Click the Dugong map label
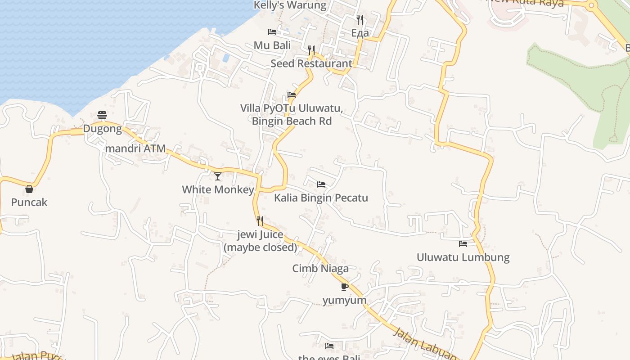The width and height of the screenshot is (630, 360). click(x=102, y=129)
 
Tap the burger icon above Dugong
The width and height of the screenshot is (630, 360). click(x=102, y=116)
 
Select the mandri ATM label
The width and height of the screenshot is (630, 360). click(x=135, y=148)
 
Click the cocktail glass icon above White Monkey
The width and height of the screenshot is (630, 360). click(x=218, y=176)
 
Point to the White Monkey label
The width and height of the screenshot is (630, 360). click(x=218, y=189)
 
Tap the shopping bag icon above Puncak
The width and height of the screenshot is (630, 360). click(x=29, y=189)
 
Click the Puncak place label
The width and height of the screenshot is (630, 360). click(x=29, y=202)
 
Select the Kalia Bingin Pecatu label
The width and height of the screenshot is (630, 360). click(x=321, y=198)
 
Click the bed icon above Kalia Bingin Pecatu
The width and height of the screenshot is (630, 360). click(x=321, y=184)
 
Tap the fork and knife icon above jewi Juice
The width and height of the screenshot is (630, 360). click(x=260, y=221)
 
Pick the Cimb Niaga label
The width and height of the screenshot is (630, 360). click(x=320, y=269)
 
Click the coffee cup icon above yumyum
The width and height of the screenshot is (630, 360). click(x=344, y=287)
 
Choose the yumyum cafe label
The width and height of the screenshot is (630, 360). click(x=344, y=300)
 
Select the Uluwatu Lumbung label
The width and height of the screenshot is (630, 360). click(x=463, y=257)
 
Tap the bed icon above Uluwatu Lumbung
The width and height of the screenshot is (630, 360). click(x=463, y=244)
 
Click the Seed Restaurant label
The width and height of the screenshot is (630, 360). click(x=311, y=63)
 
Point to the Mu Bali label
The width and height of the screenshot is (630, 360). click(x=272, y=45)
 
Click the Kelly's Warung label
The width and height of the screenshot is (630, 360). click(x=290, y=5)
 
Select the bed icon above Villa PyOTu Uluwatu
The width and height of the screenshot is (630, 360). click(x=292, y=95)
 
